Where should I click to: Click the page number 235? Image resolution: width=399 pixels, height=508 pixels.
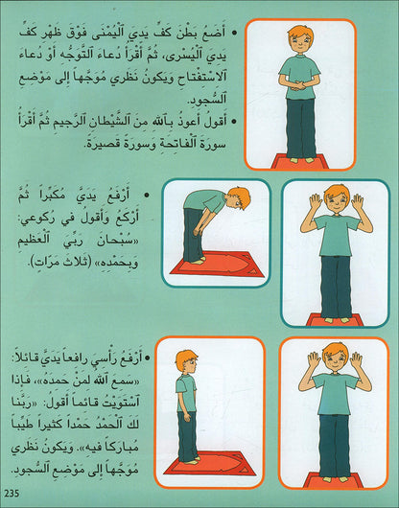tap(12, 494)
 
